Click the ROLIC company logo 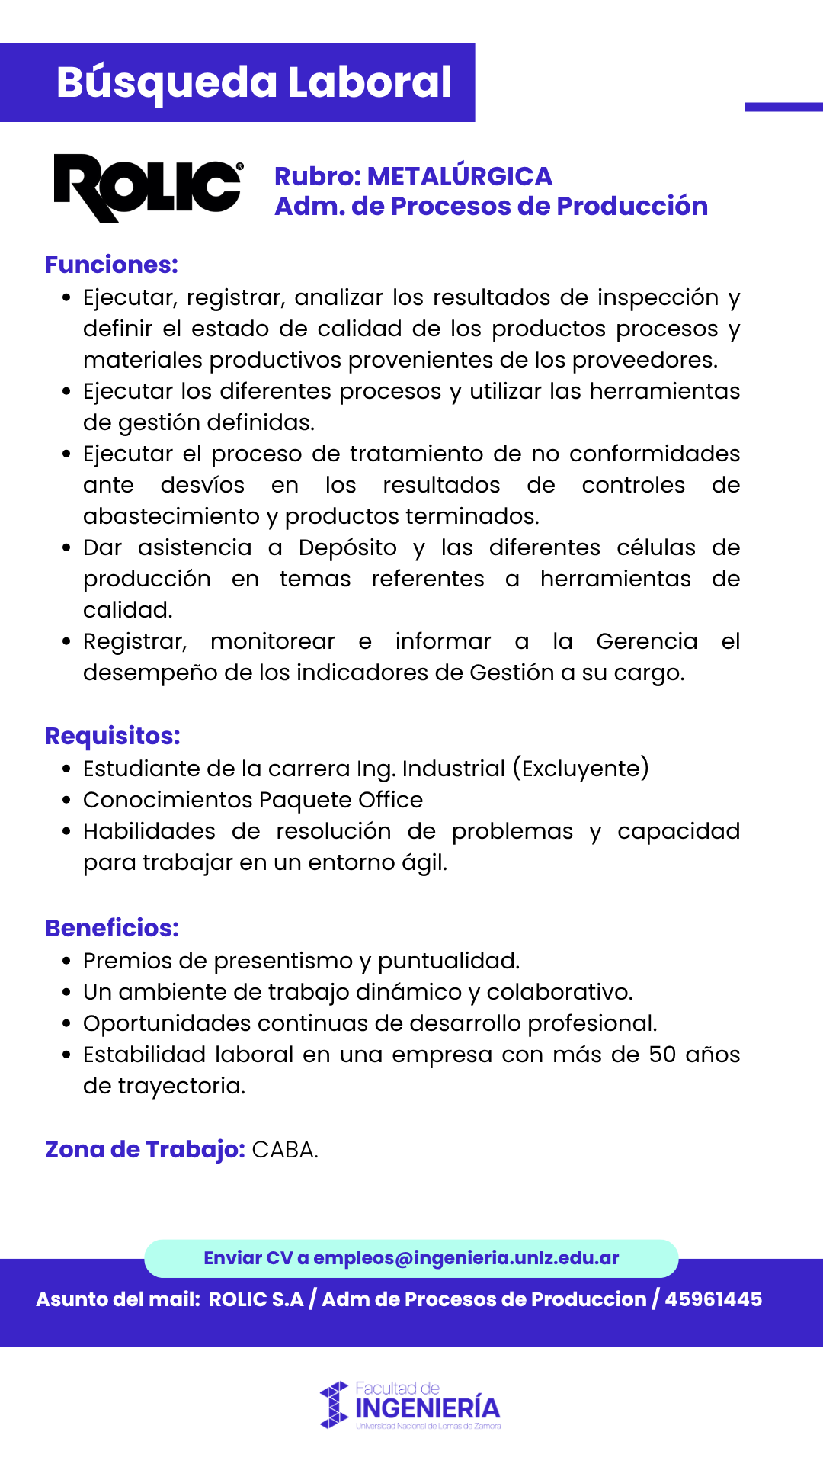coord(148,188)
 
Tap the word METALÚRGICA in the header coord(460,176)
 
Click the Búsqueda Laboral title coord(254,82)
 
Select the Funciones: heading coord(111,265)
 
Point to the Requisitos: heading coord(113,736)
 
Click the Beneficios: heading coord(112,928)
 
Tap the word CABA coord(284,1149)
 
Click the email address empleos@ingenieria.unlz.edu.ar coord(466,1258)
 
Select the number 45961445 coord(713,1299)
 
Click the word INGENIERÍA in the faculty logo coord(428,1408)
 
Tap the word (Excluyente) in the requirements coord(581,768)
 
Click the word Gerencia coord(646,641)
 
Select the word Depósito coord(347,547)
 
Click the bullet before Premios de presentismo coord(67,962)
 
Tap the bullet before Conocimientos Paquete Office coord(67,801)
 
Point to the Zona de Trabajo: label coord(145,1149)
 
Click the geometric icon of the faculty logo coord(334,1405)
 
